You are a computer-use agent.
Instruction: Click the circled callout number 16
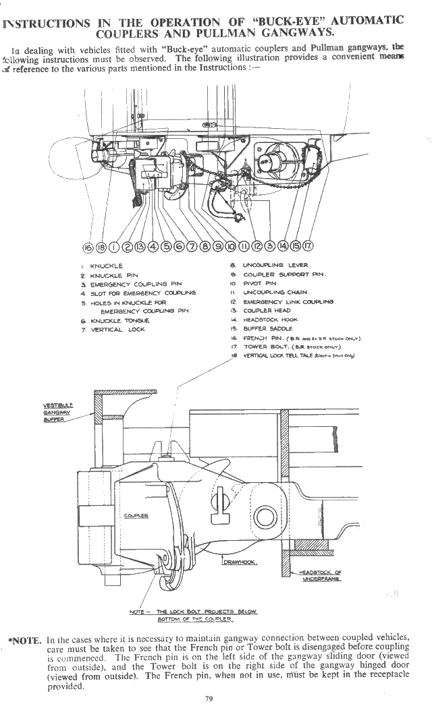[87, 246]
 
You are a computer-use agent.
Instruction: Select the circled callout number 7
[193, 246]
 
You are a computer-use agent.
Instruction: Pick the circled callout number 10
[232, 246]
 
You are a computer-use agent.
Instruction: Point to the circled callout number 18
[101, 246]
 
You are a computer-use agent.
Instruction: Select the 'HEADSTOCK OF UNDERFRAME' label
[321, 575]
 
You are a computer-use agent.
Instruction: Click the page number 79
[209, 698]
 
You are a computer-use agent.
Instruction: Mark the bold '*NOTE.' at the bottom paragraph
[26, 637]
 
